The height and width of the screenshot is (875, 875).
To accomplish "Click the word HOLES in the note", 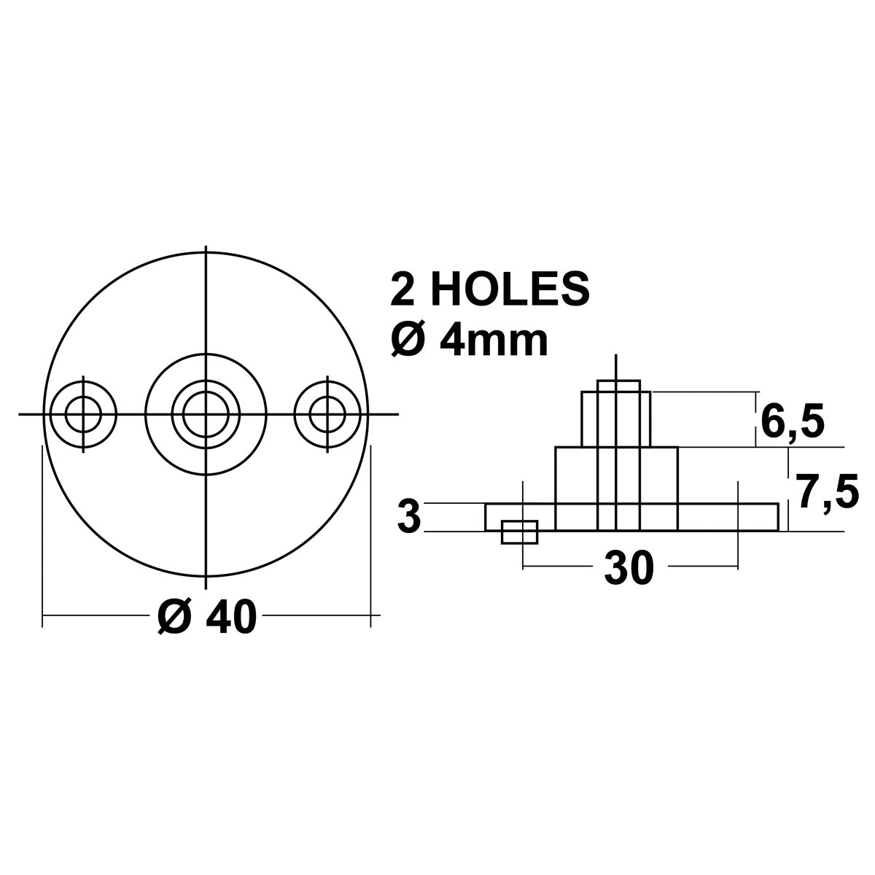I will [510, 289].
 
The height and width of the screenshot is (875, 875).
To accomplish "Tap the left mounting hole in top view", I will [82, 415].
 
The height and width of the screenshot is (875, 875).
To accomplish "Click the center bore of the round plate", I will [206, 415].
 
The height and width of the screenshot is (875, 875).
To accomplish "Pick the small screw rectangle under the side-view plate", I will [520, 532].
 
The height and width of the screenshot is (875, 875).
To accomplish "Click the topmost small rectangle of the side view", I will [618, 386].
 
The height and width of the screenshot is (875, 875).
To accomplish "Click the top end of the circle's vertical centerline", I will [206, 250].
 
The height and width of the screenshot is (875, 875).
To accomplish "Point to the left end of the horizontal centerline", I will [20, 415].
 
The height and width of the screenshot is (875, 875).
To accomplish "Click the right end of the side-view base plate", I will [778, 517].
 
